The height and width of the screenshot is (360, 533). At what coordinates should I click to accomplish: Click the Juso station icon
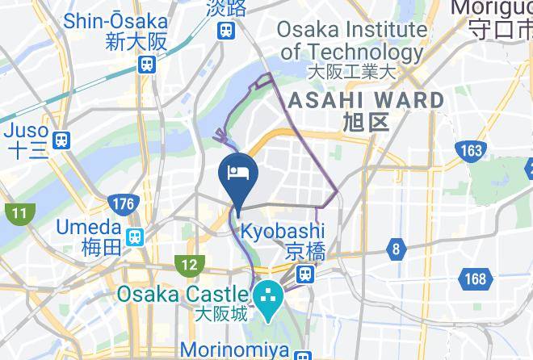61,140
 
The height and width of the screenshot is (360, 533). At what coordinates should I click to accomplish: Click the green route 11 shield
19,214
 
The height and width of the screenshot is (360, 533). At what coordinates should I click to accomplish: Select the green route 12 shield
190,264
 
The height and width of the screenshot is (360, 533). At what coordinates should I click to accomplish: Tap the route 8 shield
395,249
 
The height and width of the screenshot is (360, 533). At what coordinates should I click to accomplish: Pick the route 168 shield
476,279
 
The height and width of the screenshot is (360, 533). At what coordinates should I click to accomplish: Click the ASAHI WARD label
366,100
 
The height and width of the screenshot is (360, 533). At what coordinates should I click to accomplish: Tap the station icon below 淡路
225,31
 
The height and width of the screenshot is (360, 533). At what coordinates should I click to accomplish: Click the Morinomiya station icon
303,355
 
